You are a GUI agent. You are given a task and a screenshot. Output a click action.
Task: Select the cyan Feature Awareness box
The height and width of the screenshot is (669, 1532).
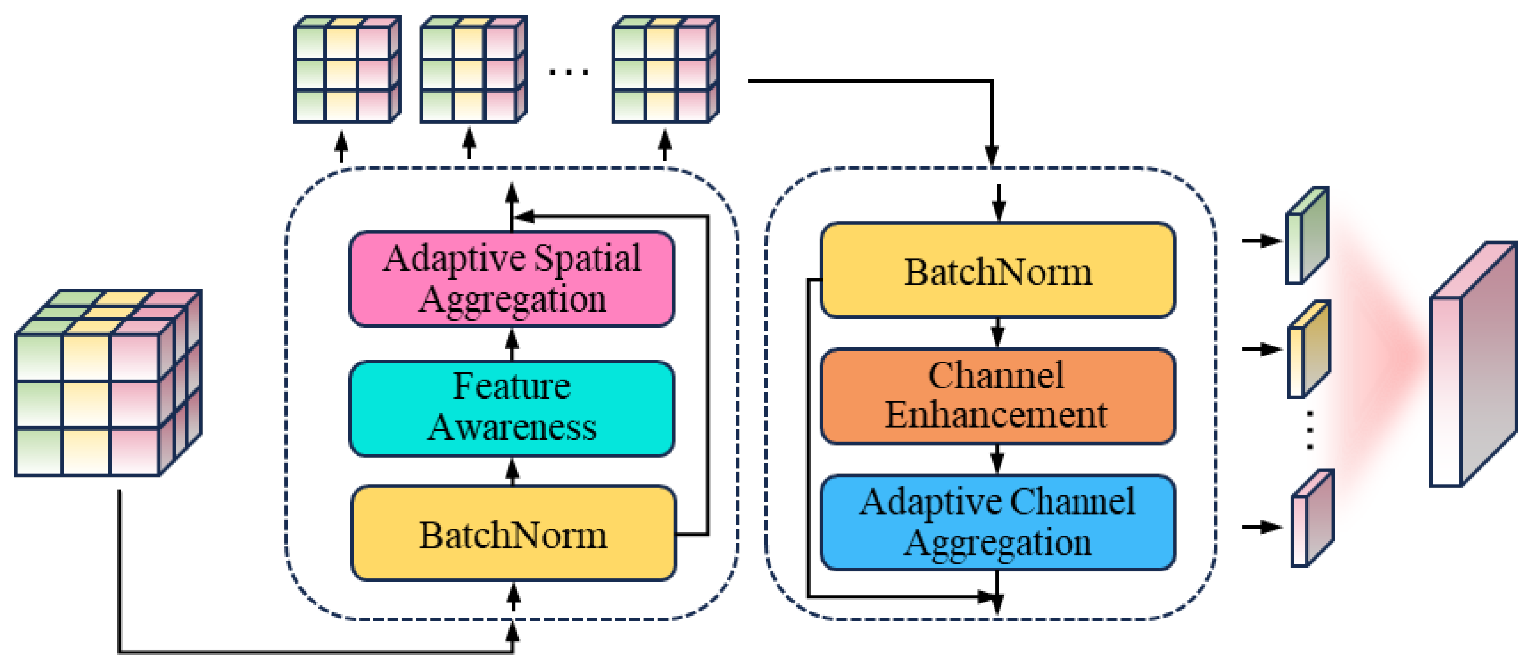coord(512,408)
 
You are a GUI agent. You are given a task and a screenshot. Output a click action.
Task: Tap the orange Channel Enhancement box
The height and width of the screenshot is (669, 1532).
coord(997,396)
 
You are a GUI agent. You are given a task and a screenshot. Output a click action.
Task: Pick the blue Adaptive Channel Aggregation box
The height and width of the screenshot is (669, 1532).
coord(997,522)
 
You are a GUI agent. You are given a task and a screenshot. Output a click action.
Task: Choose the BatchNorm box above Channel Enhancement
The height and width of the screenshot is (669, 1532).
coord(997,271)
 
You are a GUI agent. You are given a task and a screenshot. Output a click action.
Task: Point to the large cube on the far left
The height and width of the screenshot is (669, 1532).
coord(107,384)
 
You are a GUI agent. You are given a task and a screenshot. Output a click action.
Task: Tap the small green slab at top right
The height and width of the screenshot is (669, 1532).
coord(1307,236)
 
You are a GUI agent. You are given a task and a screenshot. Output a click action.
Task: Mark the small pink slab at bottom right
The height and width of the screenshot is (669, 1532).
coord(1311,519)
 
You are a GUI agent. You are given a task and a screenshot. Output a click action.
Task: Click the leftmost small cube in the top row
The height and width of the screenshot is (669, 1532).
coord(347,70)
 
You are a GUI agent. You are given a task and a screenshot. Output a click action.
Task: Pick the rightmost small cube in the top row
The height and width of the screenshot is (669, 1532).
coord(665,70)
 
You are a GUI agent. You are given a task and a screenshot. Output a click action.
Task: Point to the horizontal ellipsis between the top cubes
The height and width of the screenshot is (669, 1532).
coord(569,73)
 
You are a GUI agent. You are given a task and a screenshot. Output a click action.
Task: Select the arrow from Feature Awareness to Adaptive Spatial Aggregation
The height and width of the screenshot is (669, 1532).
coord(512,344)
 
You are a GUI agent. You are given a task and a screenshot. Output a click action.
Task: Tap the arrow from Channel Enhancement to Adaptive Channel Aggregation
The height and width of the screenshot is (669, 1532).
coord(997,460)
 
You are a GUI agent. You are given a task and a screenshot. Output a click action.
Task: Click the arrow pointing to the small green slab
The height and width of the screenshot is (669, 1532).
coord(1261,241)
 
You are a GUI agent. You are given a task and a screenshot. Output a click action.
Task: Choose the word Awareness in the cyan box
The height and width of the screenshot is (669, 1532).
coord(512,427)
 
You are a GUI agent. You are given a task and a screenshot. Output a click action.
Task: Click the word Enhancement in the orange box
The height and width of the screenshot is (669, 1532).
coord(996,414)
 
